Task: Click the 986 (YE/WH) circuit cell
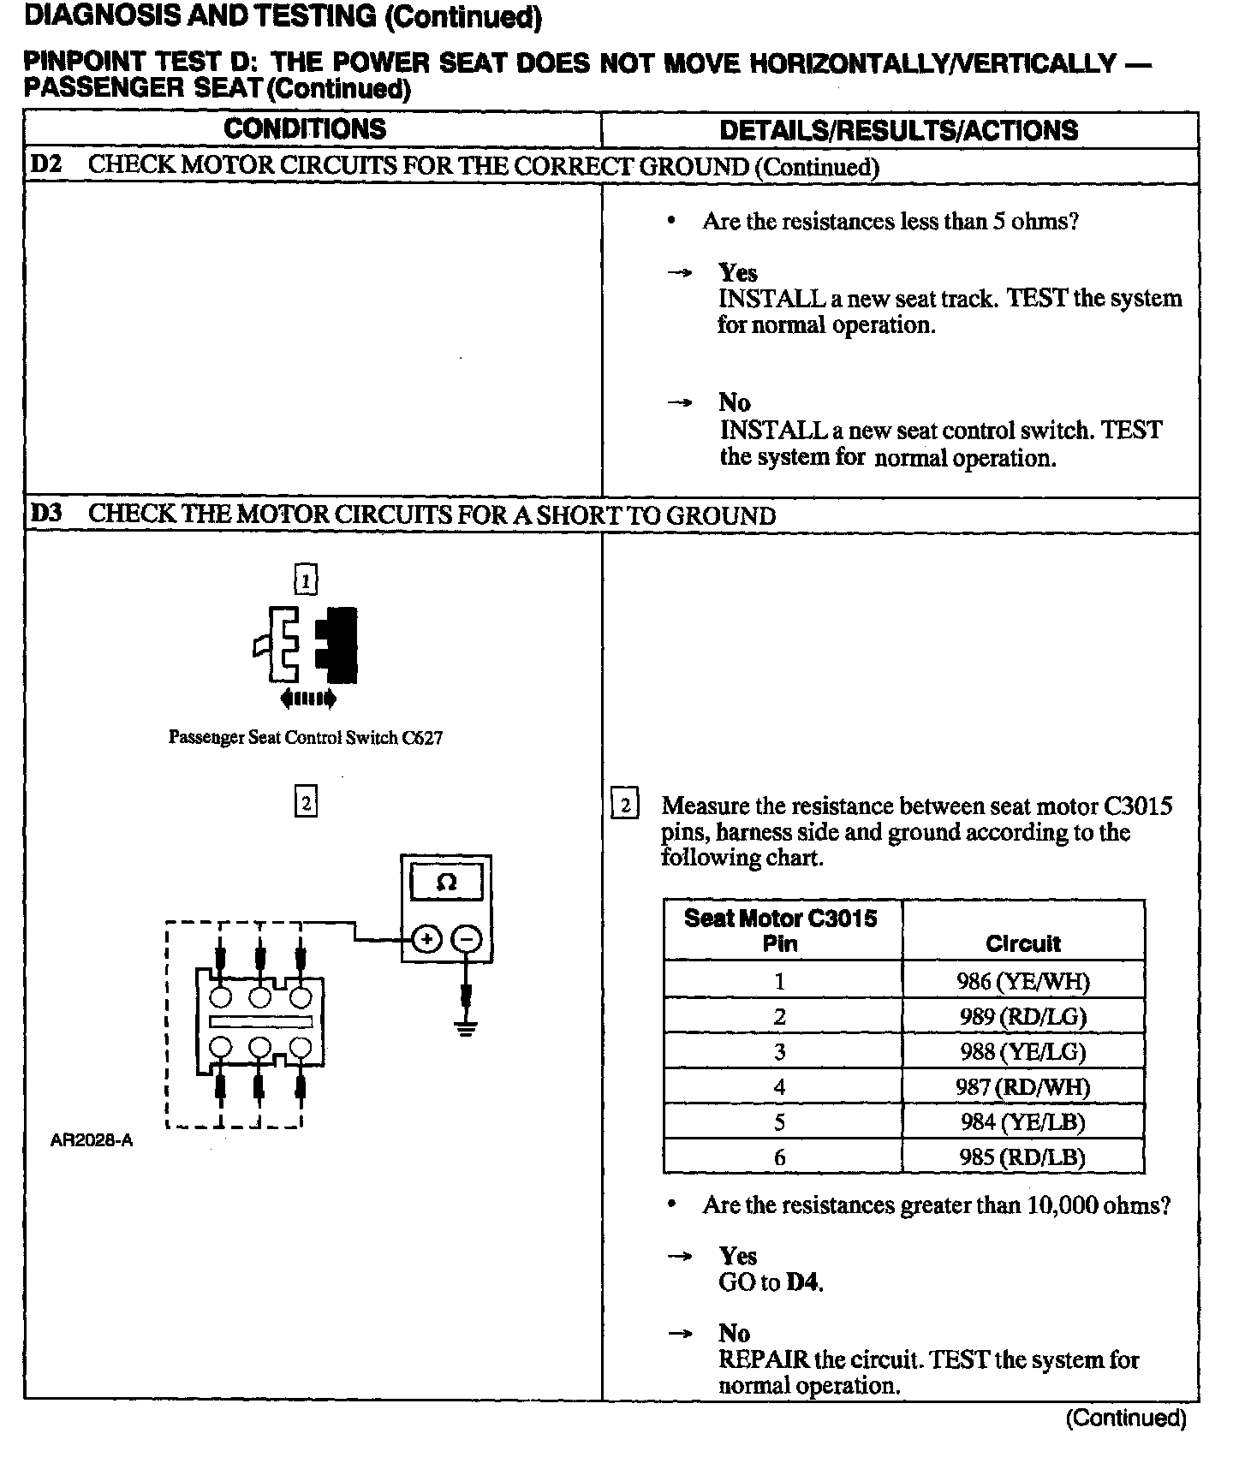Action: coord(1022,981)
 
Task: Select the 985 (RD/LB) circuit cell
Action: coord(1022,1157)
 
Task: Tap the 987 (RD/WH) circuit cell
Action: coord(1022,1087)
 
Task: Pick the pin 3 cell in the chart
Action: coord(779,1052)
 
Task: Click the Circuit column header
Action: coord(1022,943)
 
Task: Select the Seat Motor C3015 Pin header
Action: coord(780,931)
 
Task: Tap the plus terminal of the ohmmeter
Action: coord(426,940)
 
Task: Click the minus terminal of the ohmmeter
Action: coord(467,940)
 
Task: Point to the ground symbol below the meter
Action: coord(466,1027)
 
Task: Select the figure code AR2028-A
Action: coord(92,1141)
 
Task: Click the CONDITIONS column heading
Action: coord(305,129)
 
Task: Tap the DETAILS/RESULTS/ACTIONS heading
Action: coord(898,130)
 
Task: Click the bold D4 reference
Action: coord(804,1282)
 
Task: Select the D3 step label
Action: coord(47,514)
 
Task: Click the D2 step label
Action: coord(47,165)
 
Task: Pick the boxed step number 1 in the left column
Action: coord(306,580)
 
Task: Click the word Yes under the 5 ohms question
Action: coord(737,273)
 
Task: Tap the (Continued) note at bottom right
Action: coord(1125,1418)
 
